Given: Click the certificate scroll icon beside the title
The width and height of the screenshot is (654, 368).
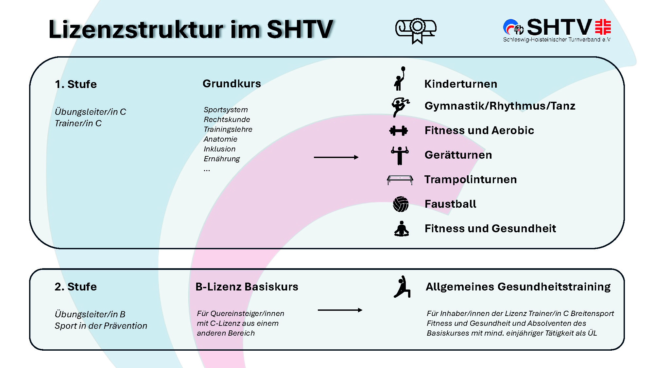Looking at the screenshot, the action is click(x=416, y=30).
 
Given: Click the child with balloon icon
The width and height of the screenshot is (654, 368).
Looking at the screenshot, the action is click(x=400, y=79).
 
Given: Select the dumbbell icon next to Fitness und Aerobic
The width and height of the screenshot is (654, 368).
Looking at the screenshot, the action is click(x=399, y=131).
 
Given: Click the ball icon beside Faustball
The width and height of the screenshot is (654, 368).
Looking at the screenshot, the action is click(x=401, y=204).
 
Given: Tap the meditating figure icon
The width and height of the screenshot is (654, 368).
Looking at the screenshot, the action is click(x=402, y=229).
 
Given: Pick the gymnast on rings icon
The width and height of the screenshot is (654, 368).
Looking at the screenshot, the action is click(x=400, y=155).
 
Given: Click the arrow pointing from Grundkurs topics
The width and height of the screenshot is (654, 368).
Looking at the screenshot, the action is click(x=336, y=157).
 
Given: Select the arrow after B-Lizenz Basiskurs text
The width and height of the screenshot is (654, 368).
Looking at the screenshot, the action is click(x=340, y=310).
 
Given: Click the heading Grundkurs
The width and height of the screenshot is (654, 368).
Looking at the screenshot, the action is click(x=232, y=84).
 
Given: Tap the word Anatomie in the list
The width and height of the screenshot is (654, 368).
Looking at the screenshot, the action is click(x=220, y=139).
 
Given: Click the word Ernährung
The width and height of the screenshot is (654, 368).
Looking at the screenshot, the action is click(x=222, y=159).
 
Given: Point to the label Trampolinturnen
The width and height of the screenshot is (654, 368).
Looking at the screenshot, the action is click(x=471, y=180).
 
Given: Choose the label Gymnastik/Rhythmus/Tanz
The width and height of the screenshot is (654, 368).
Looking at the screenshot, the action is click(x=500, y=106).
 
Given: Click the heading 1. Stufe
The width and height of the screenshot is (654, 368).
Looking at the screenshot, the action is click(x=76, y=84).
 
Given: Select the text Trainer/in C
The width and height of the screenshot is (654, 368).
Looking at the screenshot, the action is click(x=78, y=123).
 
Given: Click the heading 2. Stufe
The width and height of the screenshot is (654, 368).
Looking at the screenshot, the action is click(x=76, y=287).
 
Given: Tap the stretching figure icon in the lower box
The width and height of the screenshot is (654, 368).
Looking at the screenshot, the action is click(x=402, y=287).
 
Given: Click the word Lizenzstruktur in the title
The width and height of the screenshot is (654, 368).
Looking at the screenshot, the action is click(x=136, y=29).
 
